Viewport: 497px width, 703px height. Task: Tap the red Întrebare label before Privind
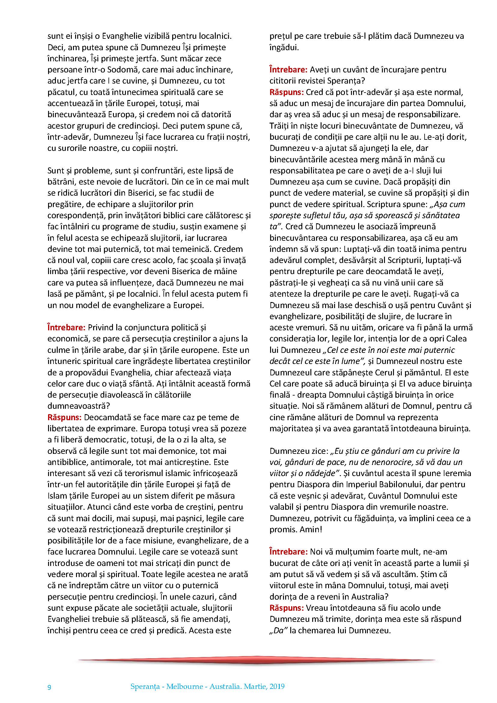(x=66, y=328)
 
